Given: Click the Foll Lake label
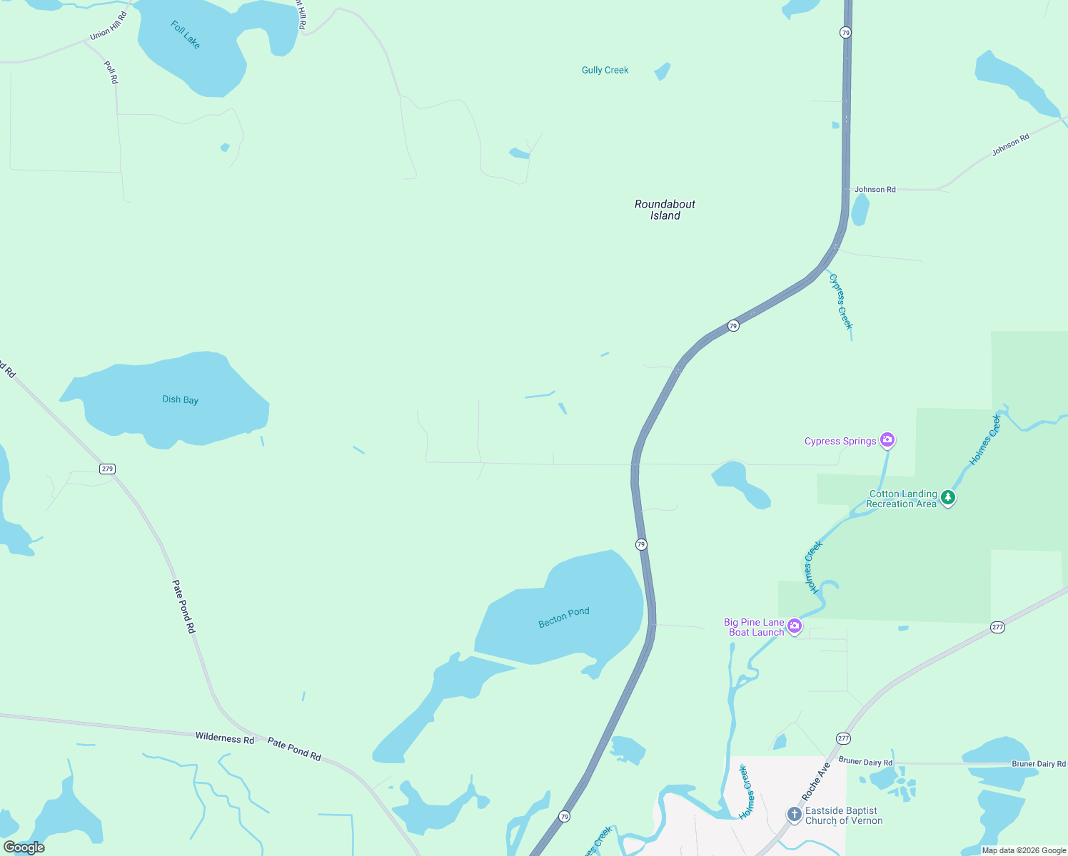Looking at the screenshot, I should point(186,35).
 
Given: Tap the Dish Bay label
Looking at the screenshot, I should point(181,399).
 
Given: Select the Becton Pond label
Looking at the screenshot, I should point(564,618).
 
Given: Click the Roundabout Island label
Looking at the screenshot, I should point(665,210).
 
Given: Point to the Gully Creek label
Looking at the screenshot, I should point(605,70).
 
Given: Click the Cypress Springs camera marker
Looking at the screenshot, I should point(887,439).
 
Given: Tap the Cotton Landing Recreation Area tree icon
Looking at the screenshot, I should point(948,497).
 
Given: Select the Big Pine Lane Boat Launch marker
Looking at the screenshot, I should point(795,626).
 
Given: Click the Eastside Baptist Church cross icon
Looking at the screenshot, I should point(794,814).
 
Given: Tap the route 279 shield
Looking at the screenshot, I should point(107,469).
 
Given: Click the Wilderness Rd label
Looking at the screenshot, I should point(225,738).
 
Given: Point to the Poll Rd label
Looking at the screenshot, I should point(111,73).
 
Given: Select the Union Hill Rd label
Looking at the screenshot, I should point(109,26).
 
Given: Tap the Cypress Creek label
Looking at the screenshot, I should point(841,302).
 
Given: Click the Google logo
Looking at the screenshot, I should point(24,847).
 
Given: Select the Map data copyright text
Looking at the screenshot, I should point(1024,850).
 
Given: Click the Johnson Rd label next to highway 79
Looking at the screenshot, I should point(875,190).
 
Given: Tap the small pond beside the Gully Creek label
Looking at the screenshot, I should point(663,71).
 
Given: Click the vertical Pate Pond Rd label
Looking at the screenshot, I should point(183,606).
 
